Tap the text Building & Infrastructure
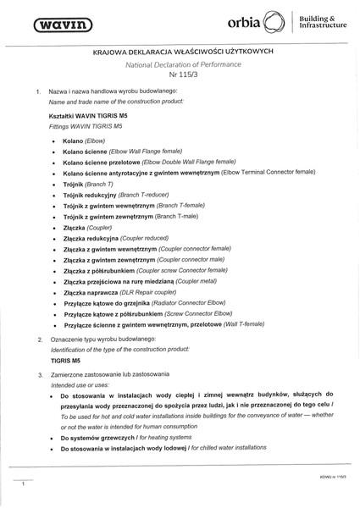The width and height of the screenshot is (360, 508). pos(323,23)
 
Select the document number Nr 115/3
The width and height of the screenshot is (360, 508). pos(179,75)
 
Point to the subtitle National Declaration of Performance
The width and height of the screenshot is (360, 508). pos(179,64)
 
